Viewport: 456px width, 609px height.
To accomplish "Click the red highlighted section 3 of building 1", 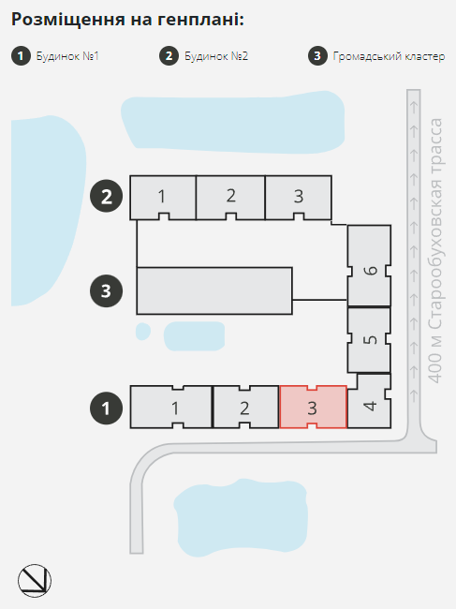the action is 313,407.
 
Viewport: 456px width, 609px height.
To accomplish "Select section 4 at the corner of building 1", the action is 370,402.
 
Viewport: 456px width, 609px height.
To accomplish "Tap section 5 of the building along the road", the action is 369,340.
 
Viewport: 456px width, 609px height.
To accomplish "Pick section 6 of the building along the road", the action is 369,266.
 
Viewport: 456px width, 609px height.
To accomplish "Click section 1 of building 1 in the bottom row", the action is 171,407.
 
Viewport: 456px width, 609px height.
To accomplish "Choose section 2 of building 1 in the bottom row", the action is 245,407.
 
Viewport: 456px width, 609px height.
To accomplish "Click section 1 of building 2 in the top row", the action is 163,198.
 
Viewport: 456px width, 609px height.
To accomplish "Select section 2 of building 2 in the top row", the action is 230,198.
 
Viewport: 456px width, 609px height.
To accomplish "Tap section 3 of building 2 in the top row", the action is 298,198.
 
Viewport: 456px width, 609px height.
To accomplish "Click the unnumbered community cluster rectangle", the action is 214,290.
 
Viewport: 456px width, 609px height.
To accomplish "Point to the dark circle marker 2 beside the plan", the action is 107,196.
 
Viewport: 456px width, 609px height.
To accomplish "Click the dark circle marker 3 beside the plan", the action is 107,290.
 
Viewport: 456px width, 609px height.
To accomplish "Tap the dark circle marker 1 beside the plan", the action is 107,408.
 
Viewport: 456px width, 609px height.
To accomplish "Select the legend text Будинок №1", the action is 67,56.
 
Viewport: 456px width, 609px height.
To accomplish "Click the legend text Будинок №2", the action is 216,56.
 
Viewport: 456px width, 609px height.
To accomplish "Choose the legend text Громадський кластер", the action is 389,57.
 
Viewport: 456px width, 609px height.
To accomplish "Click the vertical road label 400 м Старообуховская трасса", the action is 435,250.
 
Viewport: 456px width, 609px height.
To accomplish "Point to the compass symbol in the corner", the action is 35,581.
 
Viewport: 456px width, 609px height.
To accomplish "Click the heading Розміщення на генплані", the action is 127,19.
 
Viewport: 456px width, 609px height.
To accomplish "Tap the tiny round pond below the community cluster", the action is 143,332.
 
